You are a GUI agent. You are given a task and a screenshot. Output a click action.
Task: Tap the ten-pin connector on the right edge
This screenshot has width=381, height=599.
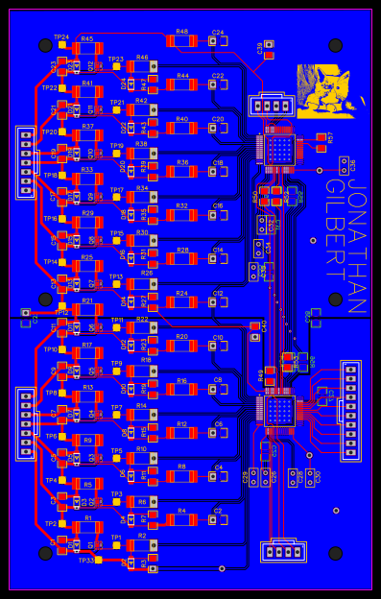(350, 394)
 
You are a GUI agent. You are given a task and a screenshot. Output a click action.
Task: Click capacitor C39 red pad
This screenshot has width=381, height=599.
(270, 45)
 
